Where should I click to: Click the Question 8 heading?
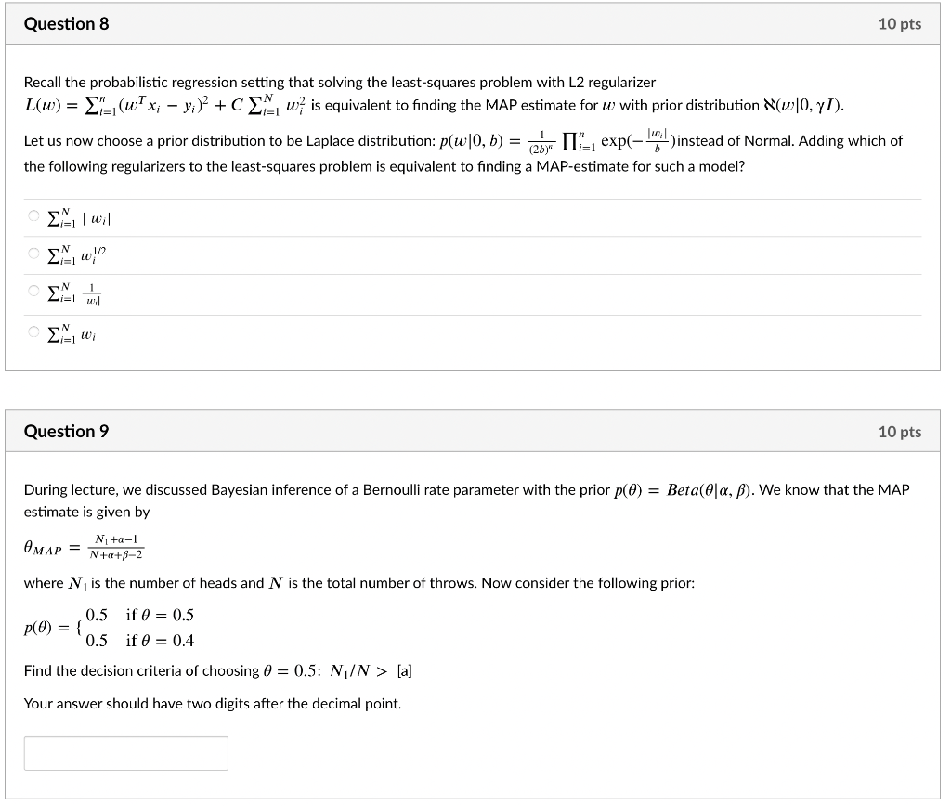66,24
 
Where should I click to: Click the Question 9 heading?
66,431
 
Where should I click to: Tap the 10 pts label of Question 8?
899,24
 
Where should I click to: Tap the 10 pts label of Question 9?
899,432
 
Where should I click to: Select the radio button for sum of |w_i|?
33,217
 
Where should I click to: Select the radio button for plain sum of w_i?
33,331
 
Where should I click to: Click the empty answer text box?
125,753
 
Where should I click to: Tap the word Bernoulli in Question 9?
396,489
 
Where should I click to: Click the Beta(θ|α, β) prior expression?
708,489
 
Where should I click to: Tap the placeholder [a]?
405,670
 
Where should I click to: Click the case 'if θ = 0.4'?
160,641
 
